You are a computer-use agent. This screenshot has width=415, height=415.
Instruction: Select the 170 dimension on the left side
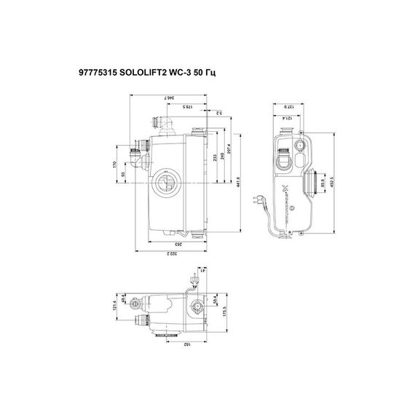click(114, 165)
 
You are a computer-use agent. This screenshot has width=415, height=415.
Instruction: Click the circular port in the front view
click(164, 183)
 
